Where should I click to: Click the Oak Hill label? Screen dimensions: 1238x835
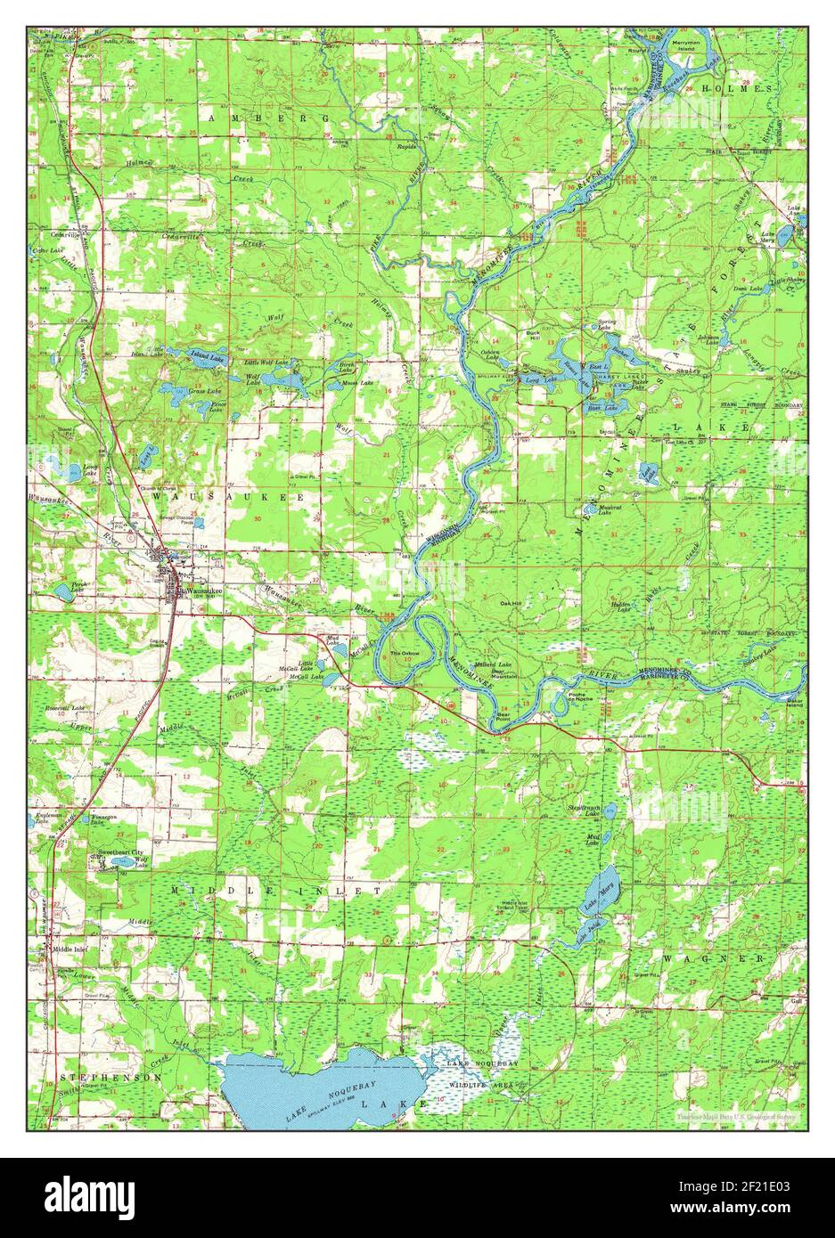point(512,602)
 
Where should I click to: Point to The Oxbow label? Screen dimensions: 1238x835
point(404,653)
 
